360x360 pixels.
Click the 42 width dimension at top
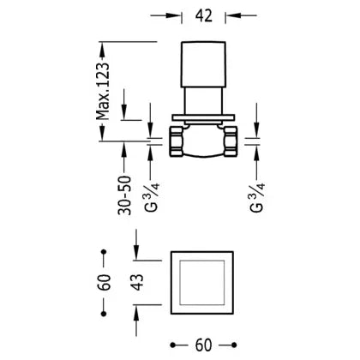click(204, 15)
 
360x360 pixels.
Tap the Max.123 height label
click(103, 91)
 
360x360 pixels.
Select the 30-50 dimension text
click(124, 195)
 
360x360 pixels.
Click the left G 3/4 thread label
click(152, 197)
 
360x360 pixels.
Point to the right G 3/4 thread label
click(257, 197)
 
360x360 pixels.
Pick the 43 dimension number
click(138, 282)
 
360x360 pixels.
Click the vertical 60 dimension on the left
click(105, 282)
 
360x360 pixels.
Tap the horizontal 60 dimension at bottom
click(203, 345)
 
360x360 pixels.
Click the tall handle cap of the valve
click(203, 64)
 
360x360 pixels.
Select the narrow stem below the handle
click(203, 101)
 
